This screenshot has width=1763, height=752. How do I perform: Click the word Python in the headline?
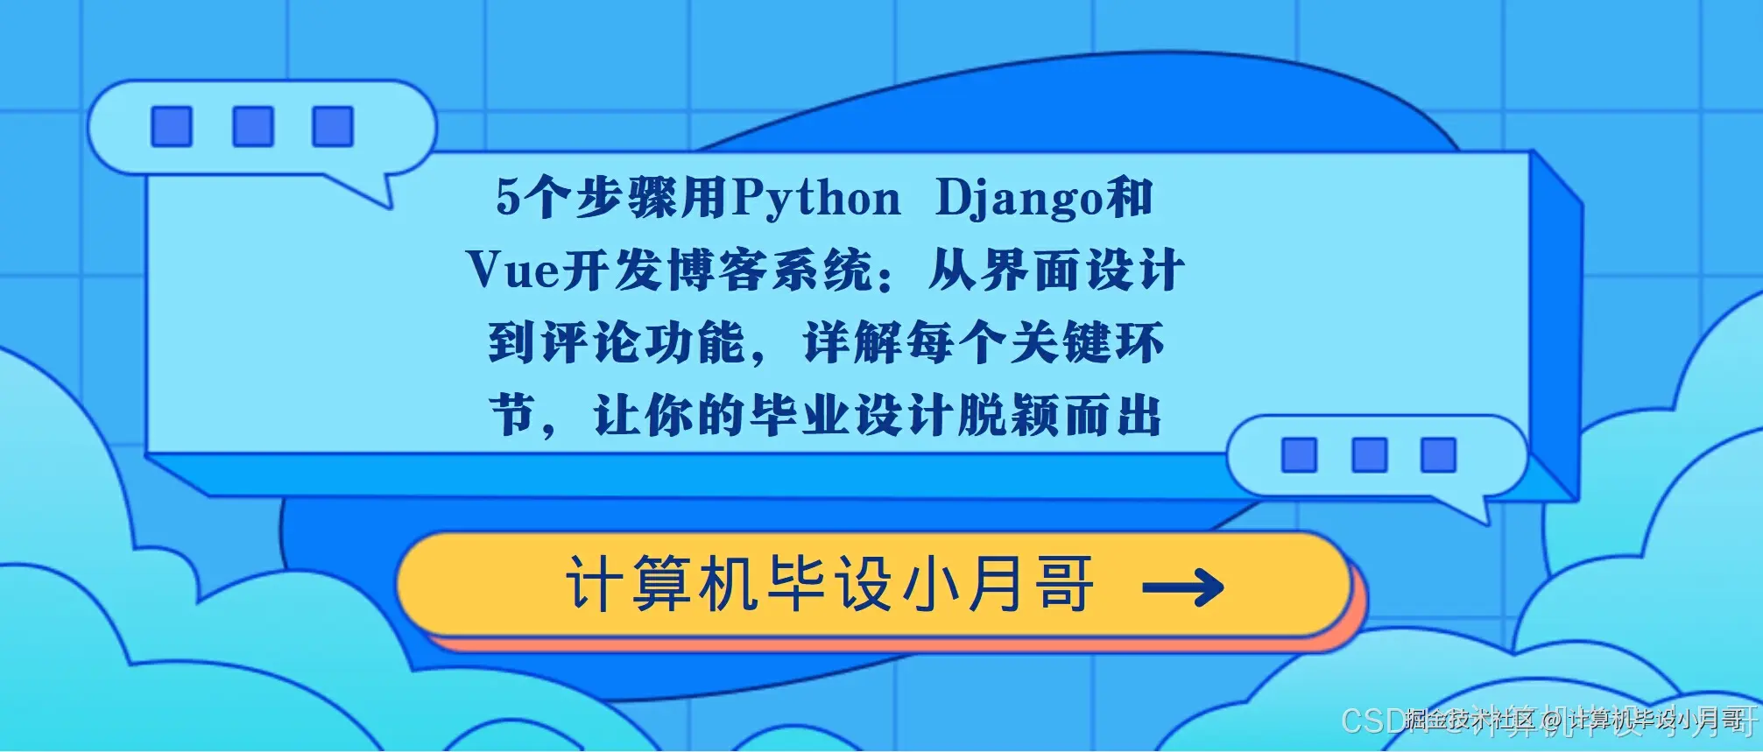pos(816,199)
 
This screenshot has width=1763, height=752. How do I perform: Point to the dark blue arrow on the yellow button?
pos(1183,587)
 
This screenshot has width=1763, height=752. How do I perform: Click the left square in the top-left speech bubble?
pos(171,127)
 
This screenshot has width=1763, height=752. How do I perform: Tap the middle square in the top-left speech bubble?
pos(252,127)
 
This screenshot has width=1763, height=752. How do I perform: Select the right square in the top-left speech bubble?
pos(333,127)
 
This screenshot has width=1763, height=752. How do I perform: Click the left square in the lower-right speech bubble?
pos(1299,455)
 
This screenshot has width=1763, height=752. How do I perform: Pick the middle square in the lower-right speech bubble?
pos(1369,455)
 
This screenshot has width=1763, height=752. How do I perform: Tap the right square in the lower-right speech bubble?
pos(1438,455)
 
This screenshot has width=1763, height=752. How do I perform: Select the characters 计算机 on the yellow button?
pos(661,584)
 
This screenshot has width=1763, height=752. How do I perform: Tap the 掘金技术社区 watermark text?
pos(1470,720)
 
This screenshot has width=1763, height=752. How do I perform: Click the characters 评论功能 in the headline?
pos(643,342)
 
